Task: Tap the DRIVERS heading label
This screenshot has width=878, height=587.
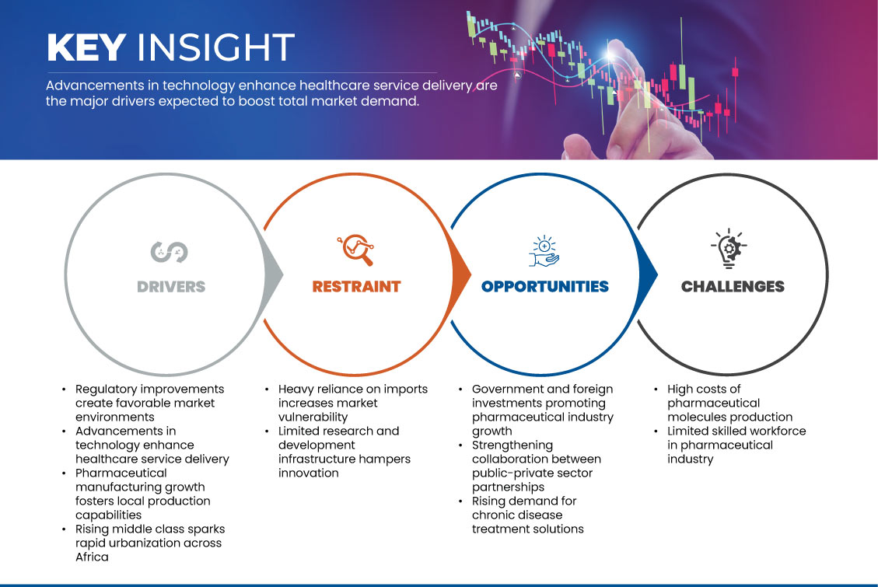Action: (171, 287)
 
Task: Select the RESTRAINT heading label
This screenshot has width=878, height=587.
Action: (357, 287)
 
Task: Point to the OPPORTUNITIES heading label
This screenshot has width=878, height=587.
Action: (545, 287)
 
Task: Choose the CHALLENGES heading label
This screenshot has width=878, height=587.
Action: (733, 287)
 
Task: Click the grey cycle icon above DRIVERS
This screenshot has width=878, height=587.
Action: (169, 252)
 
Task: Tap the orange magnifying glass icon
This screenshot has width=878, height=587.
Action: (356, 250)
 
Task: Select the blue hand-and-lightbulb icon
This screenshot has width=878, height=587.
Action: (544, 250)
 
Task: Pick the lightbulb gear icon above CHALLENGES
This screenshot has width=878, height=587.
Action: (729, 248)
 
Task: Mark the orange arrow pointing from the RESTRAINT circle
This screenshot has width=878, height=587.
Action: (461, 274)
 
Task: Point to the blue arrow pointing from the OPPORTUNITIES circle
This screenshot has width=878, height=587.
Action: (648, 274)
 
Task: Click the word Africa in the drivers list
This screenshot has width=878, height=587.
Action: (93, 557)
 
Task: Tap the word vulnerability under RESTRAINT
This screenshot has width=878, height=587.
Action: (313, 418)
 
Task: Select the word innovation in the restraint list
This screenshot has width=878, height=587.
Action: (309, 473)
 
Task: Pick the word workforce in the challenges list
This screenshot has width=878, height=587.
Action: (778, 431)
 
